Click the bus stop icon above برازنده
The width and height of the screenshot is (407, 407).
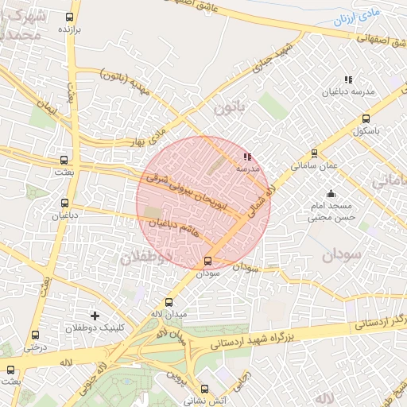tap(70, 16)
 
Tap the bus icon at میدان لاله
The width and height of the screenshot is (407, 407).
tap(168, 302)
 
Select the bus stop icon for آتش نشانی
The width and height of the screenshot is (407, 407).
tap(206, 390)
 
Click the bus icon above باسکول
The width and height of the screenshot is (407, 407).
tap(365, 118)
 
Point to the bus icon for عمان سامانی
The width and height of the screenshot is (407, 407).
tap(314, 153)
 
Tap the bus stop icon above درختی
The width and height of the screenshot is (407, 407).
tap(35, 335)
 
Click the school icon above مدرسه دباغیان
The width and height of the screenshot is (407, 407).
tap(347, 79)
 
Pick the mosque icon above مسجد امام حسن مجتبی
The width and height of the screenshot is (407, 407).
tap(331, 194)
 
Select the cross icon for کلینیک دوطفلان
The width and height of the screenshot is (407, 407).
tap(95, 316)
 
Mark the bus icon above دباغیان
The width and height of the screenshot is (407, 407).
tap(64, 203)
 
